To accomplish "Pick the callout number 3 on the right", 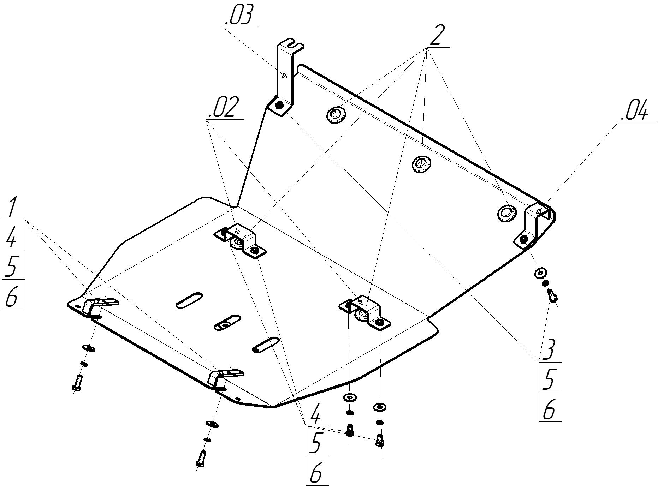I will click(550, 350).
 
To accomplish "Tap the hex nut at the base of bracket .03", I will click(279, 106).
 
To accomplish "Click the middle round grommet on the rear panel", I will click(421, 163).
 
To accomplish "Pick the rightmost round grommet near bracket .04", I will click(507, 212).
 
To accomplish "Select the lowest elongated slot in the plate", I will click(266, 345).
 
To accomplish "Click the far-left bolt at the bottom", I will click(78, 382).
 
